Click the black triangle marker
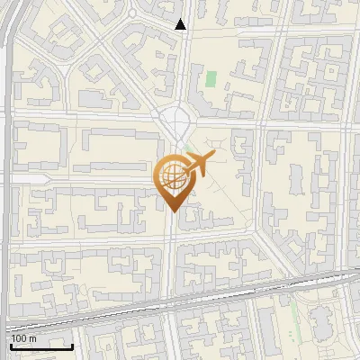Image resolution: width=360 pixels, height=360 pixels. tap(181, 24)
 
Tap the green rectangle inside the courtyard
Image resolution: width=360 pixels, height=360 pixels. tap(211, 78)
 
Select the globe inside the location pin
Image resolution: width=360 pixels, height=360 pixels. tap(171, 175)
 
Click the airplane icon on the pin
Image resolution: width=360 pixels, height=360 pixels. tap(196, 165)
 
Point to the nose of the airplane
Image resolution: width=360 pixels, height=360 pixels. tap(212, 157)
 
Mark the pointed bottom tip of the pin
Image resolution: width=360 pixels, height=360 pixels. tap(171, 211)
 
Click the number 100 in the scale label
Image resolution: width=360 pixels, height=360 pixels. tap(19, 337)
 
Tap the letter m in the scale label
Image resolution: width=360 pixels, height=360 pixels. tap(32, 337)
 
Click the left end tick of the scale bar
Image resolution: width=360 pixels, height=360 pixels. tap(10, 345)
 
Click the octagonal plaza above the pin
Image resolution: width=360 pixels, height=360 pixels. tap(177, 117)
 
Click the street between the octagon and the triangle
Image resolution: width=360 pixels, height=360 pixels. tap(180, 67)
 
